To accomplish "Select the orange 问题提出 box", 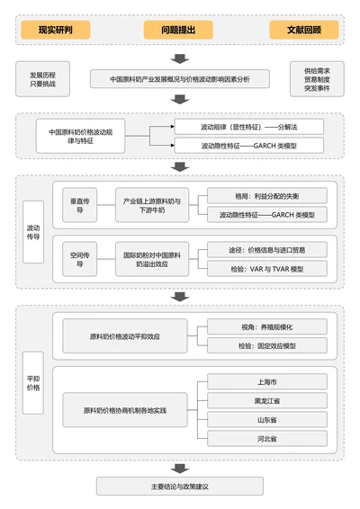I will pos(178,30).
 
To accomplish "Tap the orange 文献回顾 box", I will pos(303,30).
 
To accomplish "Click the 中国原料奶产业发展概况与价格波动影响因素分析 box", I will pos(180,79).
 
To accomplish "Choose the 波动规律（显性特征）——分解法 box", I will pos(247,128).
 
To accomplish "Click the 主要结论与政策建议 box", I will pos(180,487).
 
